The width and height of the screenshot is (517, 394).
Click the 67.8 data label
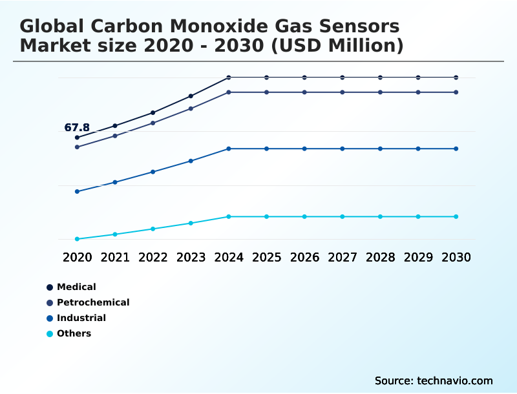coord(77,127)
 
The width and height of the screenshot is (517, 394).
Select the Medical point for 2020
coord(77,138)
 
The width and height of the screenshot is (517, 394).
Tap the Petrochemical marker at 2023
coord(191,109)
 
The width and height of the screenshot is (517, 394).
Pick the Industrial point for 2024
coord(229,149)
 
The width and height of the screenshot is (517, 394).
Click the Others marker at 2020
coord(77,239)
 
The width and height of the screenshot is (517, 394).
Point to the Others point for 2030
coord(456,216)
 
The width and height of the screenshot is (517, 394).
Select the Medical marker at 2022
coord(153,113)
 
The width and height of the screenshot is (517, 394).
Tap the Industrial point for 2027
coord(342,149)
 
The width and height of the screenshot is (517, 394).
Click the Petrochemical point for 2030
coord(456,92)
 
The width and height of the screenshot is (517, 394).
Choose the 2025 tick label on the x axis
coord(266,257)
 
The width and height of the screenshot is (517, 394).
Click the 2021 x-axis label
coord(115,257)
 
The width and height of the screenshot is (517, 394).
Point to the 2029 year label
coord(417,257)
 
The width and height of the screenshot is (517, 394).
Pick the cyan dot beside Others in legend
coord(50,334)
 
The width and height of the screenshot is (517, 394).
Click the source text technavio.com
coord(456,380)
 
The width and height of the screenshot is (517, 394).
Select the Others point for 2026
coord(304,216)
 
